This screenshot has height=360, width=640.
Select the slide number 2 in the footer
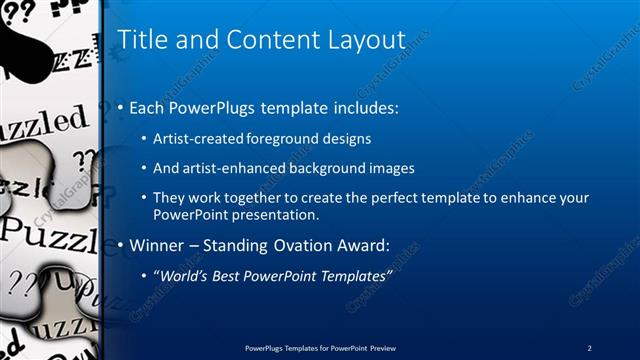[x=589, y=347]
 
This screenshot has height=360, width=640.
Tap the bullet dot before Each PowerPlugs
[x=122, y=107]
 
